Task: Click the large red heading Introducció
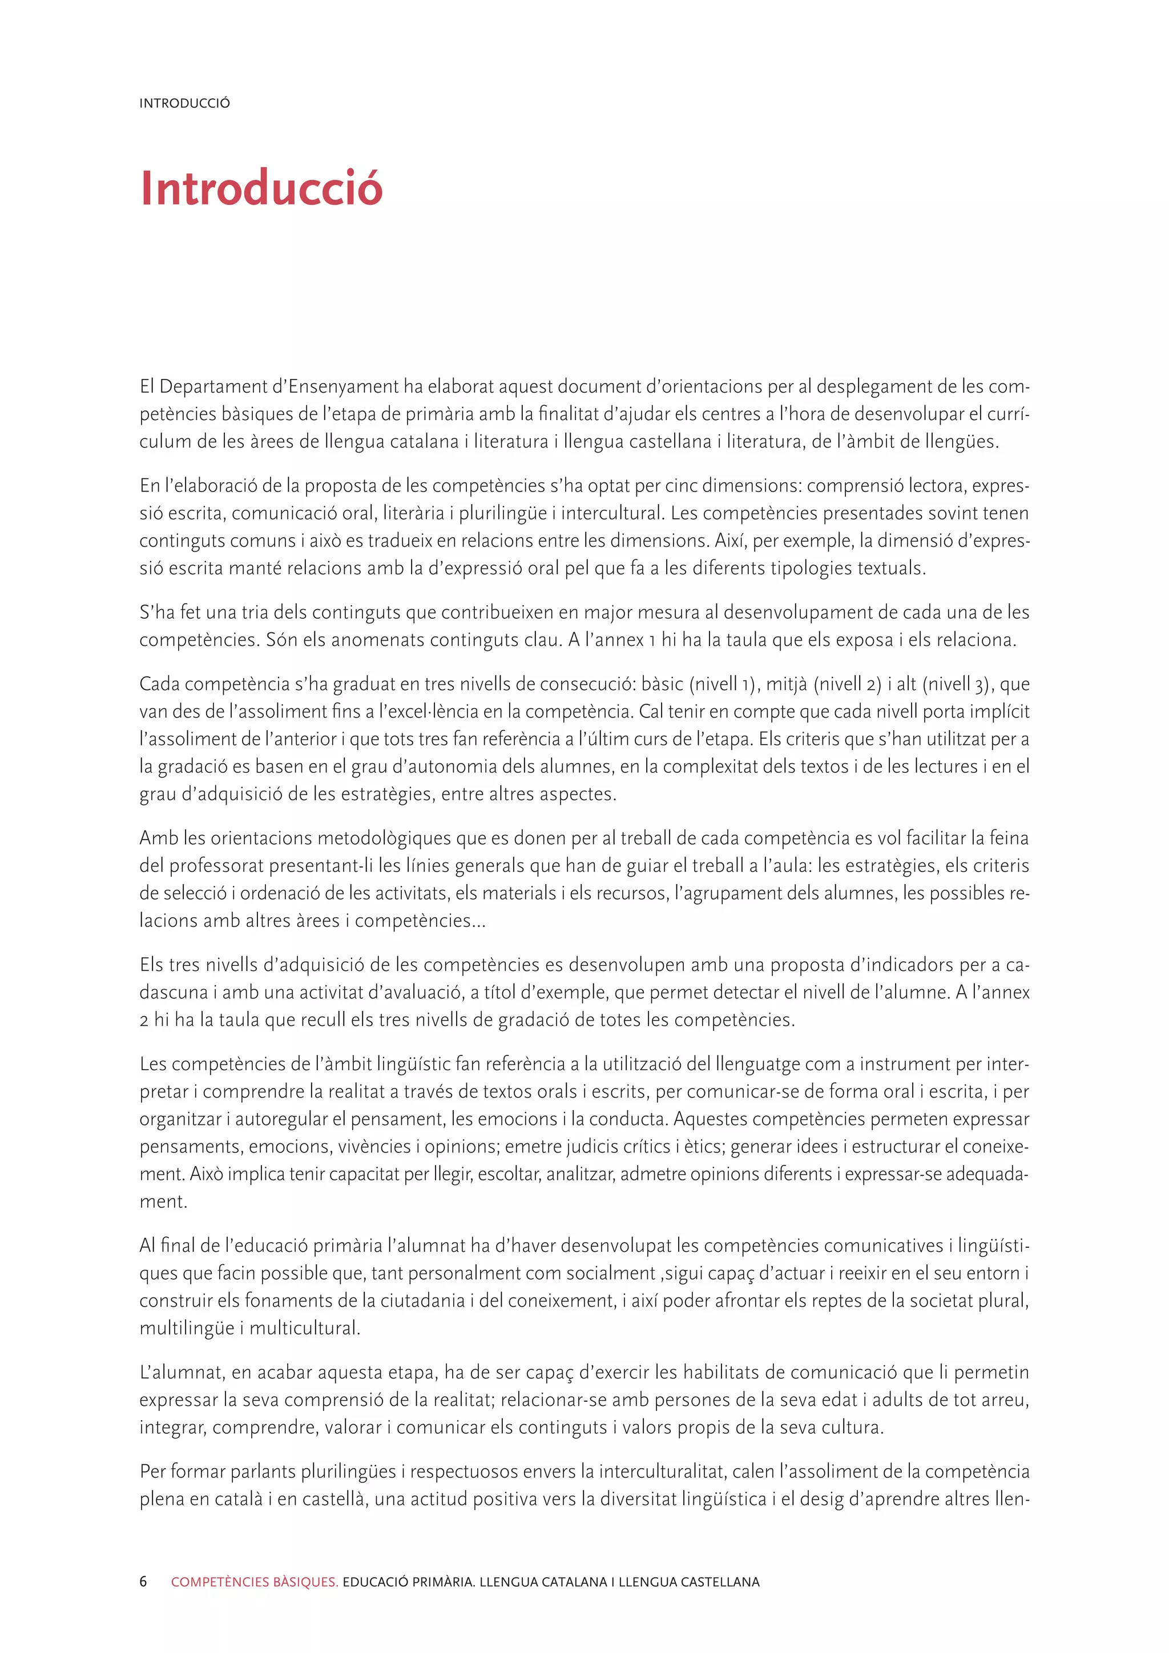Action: coord(261,188)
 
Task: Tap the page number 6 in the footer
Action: coord(143,1582)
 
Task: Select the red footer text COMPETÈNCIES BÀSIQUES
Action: coord(254,1582)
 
